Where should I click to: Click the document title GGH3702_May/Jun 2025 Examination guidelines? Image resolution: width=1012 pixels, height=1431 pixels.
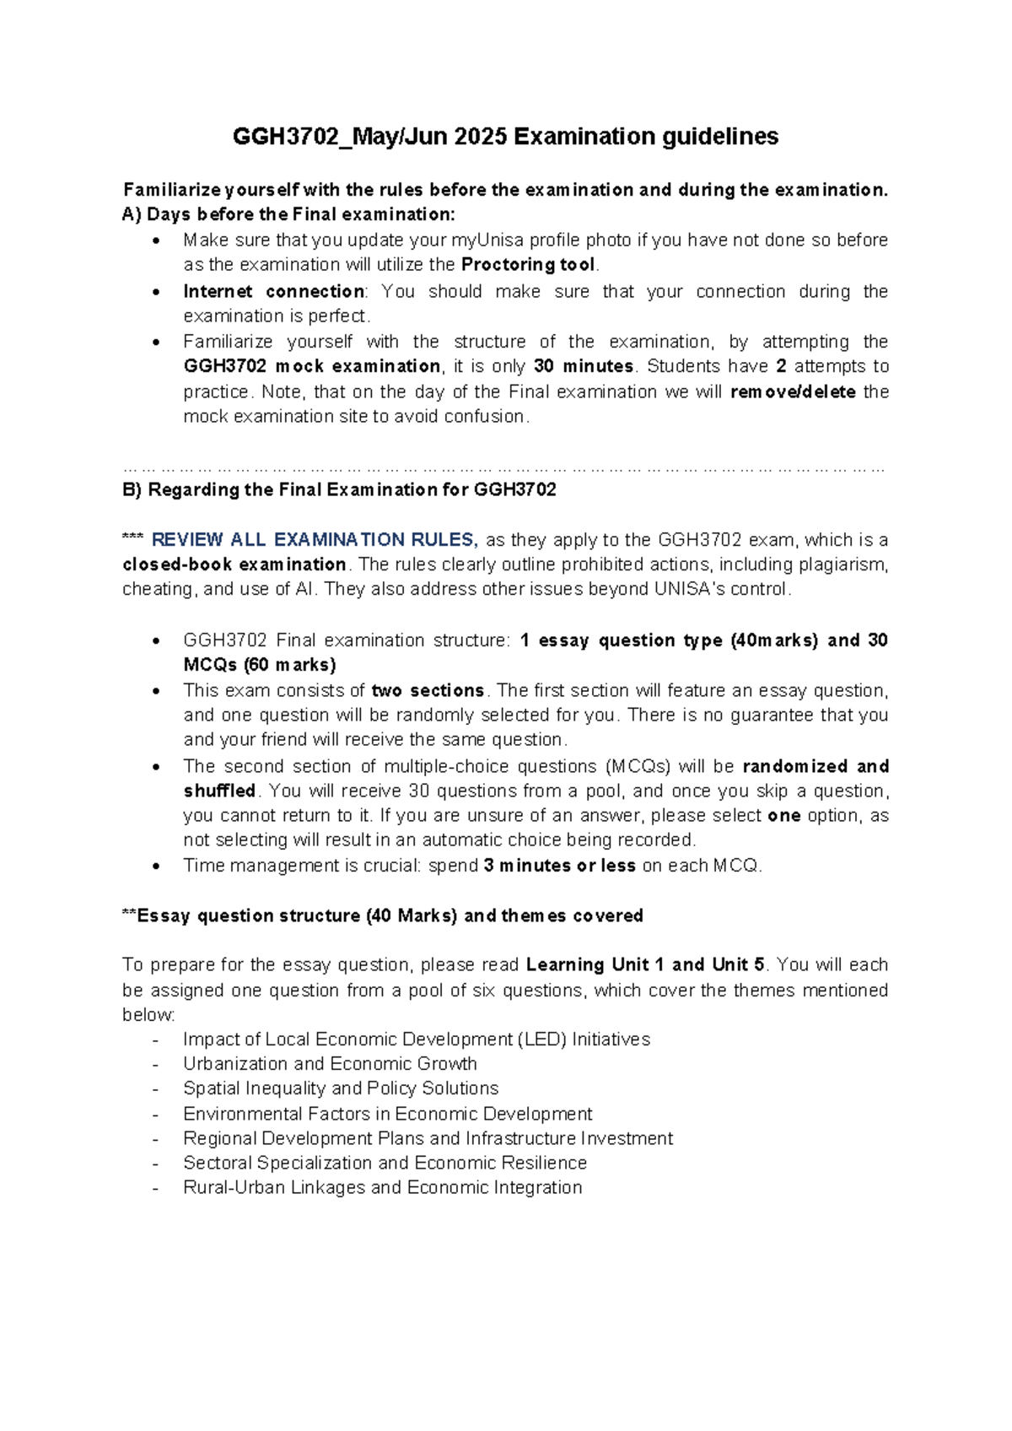pos(505,137)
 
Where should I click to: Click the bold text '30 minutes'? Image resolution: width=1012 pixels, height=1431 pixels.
pos(583,366)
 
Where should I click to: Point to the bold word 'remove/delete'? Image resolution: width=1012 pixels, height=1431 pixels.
pos(793,391)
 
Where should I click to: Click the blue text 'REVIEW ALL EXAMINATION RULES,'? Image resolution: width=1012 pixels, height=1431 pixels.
pos(315,540)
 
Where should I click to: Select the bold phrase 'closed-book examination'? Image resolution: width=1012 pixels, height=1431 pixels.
pos(234,564)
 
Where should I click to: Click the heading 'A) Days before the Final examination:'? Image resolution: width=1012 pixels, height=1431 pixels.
pos(288,214)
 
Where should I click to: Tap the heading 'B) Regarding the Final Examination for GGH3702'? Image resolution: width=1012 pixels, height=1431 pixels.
pos(339,490)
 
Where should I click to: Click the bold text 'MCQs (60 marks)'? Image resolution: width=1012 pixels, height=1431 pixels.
pos(260,665)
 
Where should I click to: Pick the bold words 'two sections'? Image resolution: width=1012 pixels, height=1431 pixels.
pos(428,690)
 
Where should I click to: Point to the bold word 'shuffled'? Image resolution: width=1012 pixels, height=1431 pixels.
pos(219,791)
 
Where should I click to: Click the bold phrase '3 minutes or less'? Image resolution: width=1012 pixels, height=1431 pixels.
pos(559,866)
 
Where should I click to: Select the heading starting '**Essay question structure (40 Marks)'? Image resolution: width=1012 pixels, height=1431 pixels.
pos(382,915)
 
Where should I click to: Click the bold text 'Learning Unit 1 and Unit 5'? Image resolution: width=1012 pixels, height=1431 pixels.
pos(644,964)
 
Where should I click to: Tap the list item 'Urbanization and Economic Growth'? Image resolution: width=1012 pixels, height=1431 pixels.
pos(330,1064)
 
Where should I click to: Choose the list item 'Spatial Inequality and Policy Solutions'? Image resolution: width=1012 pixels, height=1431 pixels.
pos(341,1088)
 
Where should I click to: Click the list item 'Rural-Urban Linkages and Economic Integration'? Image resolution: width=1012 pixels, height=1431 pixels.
pos(382,1187)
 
